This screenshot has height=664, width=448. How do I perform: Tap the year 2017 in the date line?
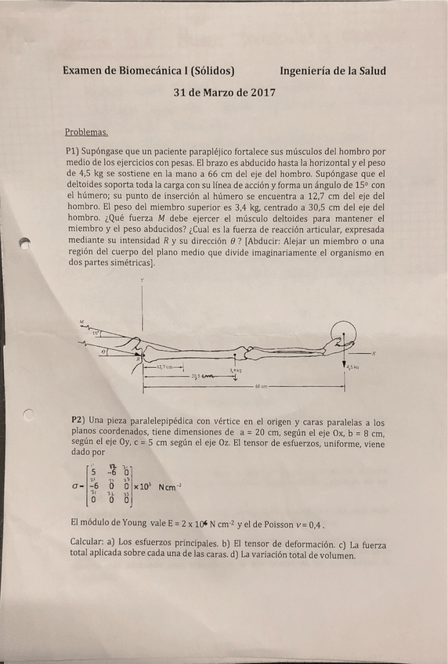258,92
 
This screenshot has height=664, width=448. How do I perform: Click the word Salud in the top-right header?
368,70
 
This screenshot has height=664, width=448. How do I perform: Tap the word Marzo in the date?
216,92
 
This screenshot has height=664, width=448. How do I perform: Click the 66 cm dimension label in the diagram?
263,386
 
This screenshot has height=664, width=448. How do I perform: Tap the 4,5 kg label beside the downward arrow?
353,366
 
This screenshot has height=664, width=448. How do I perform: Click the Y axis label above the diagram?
143,280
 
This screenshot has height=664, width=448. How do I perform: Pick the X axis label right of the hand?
374,352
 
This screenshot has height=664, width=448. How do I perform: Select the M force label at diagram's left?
82,322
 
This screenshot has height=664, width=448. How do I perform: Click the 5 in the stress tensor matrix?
94,471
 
